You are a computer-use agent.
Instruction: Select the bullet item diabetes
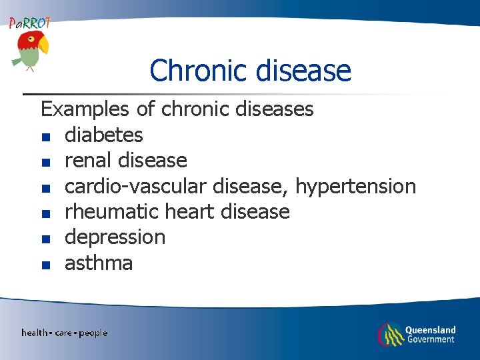(x=103, y=135)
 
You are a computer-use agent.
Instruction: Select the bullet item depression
(x=115, y=237)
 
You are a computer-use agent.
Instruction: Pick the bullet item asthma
(x=98, y=263)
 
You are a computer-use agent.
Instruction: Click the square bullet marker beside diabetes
(x=45, y=137)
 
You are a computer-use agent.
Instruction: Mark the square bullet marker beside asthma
(x=45, y=265)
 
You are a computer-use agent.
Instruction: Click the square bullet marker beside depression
(x=45, y=239)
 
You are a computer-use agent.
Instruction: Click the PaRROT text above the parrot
(x=29, y=23)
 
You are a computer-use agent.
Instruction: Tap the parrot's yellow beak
(x=44, y=45)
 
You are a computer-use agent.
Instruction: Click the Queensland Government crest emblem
(x=390, y=334)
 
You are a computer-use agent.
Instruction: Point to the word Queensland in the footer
(x=431, y=329)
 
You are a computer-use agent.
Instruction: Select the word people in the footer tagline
(x=93, y=333)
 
